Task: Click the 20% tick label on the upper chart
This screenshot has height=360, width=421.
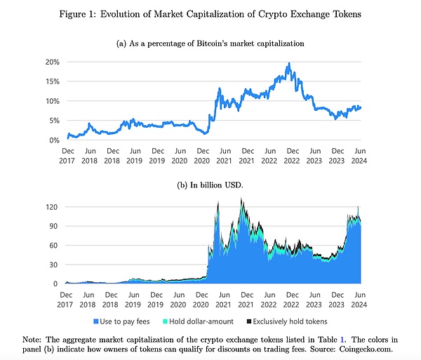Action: click(53, 62)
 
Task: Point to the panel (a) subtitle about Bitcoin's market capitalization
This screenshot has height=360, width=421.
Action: click(210, 44)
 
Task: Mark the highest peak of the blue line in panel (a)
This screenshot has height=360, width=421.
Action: click(288, 64)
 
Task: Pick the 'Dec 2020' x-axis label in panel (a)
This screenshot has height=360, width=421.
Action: click(203, 155)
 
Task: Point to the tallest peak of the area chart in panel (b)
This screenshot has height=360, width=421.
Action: click(241, 199)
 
